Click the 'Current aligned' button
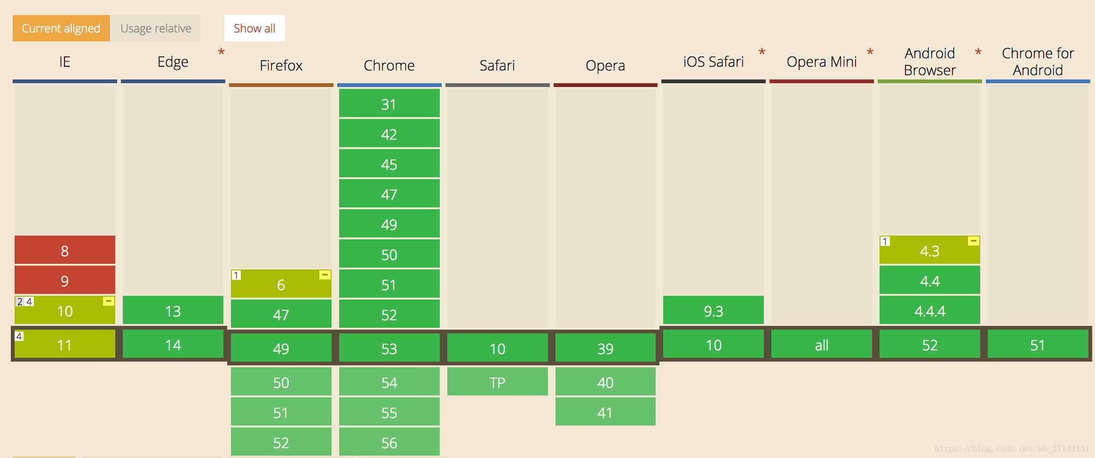pos(61,28)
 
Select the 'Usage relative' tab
pos(156,28)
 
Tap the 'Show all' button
pos(254,28)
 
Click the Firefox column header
pos(281,65)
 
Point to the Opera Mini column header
pos(822,62)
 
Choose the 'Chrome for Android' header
pos(1038,62)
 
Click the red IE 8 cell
pos(65,250)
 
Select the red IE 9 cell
pos(65,280)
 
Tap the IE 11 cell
pos(65,344)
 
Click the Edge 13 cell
pos(173,310)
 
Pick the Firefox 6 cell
pos(281,284)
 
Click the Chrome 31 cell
pos(389,103)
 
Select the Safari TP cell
pos(498,381)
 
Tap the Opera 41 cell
pos(605,411)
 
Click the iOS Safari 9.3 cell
pos(714,310)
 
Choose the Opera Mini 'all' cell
pos(822,344)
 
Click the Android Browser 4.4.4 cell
pos(930,310)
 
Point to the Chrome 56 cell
pos(389,442)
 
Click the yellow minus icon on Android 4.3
pos(974,241)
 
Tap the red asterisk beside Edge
pos(221,52)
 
